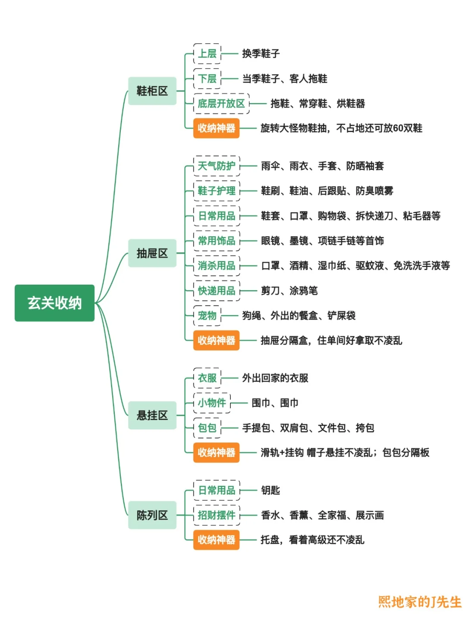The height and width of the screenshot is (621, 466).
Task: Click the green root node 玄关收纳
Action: (54, 303)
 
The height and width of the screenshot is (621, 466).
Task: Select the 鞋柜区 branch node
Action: (152, 91)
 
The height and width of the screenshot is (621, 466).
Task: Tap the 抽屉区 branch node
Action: (152, 253)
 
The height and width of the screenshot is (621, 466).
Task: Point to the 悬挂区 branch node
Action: (152, 415)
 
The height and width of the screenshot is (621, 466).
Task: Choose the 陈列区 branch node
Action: (152, 515)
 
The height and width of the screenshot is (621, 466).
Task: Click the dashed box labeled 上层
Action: (207, 53)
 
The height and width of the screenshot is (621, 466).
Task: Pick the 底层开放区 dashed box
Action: (221, 103)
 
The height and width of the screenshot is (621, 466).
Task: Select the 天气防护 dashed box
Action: (216, 166)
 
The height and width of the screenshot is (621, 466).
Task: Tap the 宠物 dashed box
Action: (207, 316)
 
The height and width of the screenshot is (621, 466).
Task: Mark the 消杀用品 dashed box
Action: (216, 266)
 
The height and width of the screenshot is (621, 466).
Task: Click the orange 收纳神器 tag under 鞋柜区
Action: (216, 128)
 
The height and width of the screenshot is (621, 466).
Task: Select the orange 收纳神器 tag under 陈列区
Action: (216, 539)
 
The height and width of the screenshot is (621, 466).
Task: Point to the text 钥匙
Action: (271, 490)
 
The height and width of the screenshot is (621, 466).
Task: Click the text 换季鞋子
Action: (261, 53)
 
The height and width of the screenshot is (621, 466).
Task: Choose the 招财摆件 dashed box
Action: (216, 515)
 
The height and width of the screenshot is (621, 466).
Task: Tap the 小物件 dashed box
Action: (212, 403)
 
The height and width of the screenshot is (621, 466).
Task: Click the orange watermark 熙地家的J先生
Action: (419, 602)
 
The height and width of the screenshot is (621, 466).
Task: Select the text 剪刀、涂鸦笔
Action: (289, 291)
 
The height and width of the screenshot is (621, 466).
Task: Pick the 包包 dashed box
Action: (207, 428)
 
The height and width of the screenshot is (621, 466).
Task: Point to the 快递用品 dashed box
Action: (216, 291)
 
